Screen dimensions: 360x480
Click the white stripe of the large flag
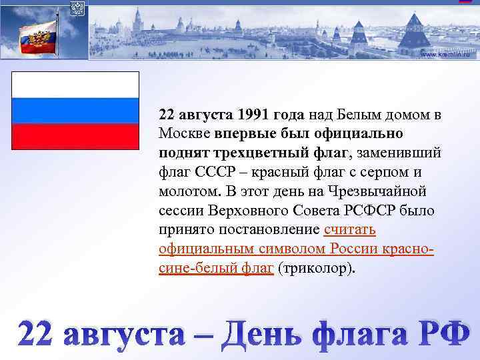[x=75, y=85]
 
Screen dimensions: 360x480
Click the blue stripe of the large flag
[x=75, y=111]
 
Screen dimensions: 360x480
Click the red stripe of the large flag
[x=75, y=136]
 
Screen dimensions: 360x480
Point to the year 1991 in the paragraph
[x=255, y=115]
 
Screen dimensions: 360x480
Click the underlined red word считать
[x=350, y=230]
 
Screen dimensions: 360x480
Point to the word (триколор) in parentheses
[x=316, y=269]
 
